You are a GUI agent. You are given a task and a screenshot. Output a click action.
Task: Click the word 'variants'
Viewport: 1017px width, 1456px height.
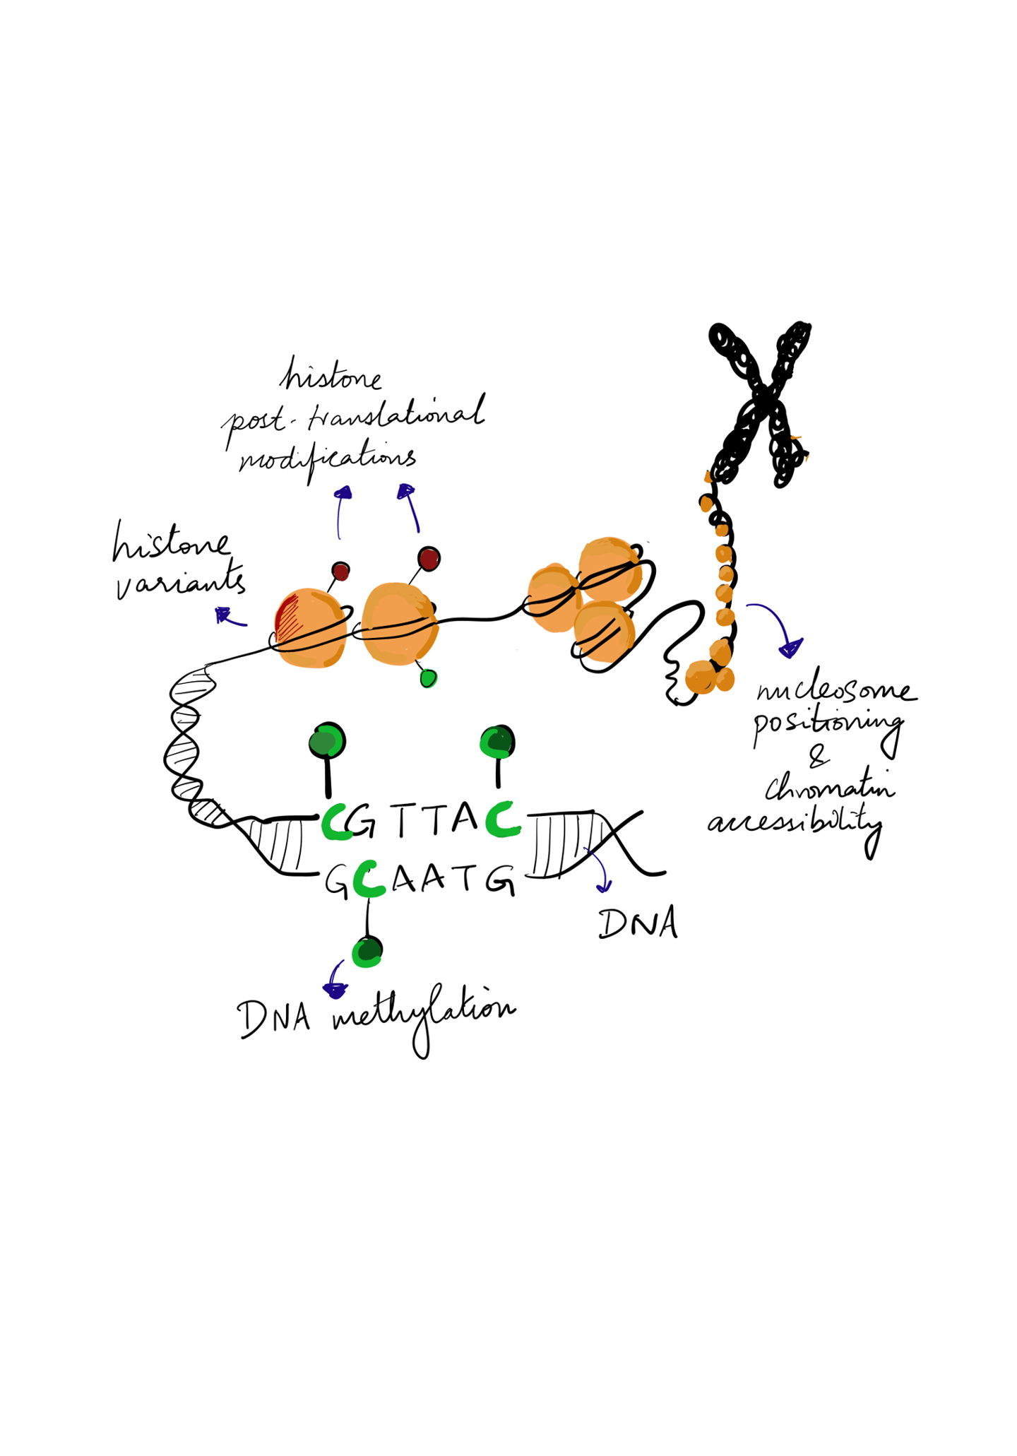tap(180, 582)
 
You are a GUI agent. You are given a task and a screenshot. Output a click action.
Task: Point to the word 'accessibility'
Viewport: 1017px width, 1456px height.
tap(795, 823)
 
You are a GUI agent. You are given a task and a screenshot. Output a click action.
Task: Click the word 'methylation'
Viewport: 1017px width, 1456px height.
tap(424, 1014)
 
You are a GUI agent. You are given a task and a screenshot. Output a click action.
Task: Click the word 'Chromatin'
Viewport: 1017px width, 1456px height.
tap(829, 787)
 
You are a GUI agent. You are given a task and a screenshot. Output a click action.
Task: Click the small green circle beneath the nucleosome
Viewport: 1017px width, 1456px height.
tap(428, 678)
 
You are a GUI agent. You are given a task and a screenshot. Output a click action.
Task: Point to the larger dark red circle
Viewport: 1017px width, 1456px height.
tap(429, 559)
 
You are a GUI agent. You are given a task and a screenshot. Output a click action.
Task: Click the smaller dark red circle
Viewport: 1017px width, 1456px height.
tap(340, 571)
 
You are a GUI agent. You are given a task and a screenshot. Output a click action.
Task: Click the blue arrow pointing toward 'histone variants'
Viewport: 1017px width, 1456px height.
tap(229, 617)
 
